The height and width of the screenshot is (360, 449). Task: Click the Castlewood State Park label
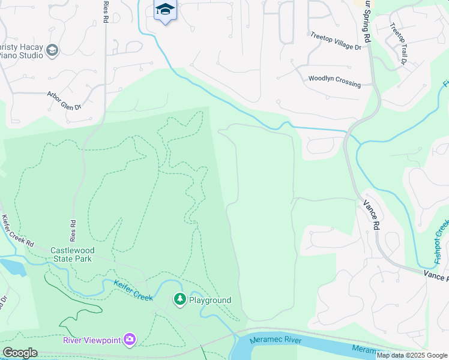tap(71, 254)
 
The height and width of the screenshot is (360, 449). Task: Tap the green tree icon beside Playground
tap(179, 299)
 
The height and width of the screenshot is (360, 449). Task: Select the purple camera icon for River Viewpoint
tap(130, 340)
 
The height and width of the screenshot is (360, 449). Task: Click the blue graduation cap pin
tap(165, 10)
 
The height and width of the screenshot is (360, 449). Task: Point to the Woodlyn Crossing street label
tap(334, 81)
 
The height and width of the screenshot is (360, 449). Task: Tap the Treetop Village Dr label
tap(336, 40)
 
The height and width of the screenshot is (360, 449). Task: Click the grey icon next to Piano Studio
tap(52, 50)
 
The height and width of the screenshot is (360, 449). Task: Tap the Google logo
tap(20, 353)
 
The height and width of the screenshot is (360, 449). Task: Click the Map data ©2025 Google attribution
tap(412, 355)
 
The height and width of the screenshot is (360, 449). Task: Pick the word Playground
tap(210, 300)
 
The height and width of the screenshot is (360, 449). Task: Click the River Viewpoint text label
tap(91, 340)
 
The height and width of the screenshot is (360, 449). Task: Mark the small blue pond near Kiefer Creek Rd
tap(13, 266)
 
